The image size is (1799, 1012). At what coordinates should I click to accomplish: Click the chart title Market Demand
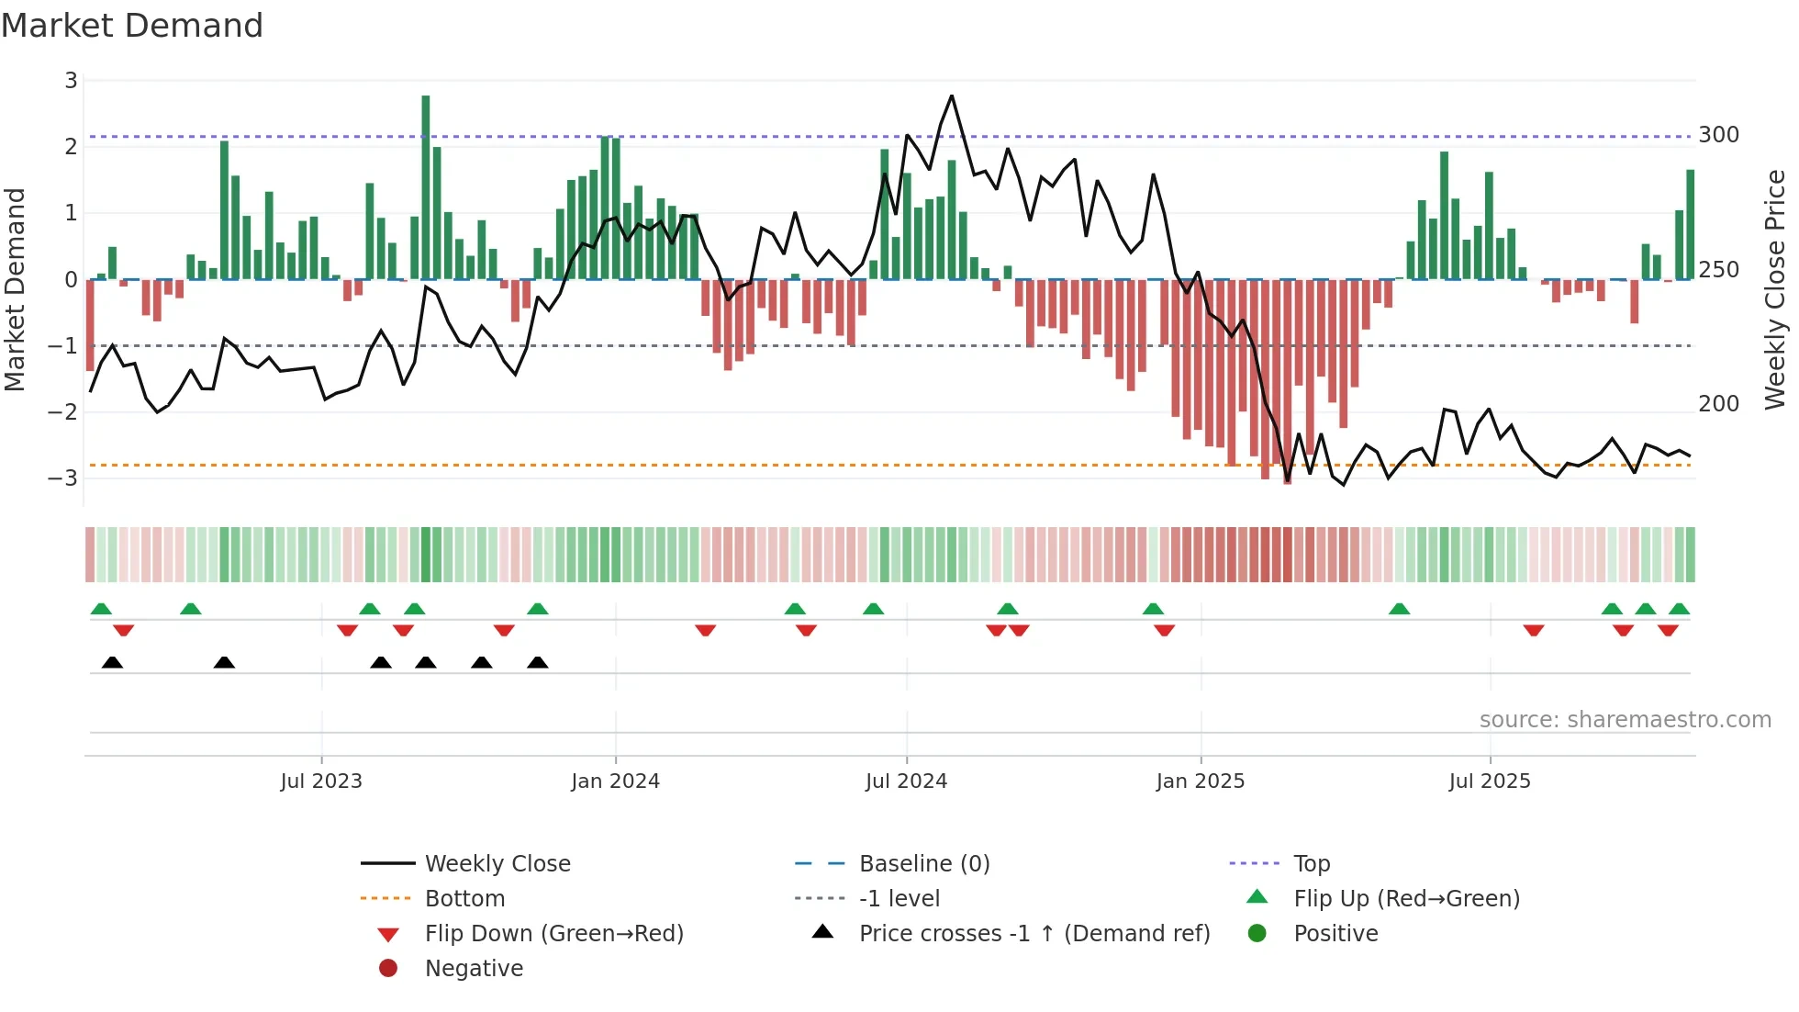point(132,26)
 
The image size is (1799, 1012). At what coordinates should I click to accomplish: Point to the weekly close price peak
point(952,96)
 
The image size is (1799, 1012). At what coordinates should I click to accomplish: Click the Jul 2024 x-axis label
point(906,781)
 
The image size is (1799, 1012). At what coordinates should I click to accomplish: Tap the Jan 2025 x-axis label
point(1200,781)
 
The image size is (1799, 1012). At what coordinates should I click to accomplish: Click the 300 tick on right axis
point(1718,135)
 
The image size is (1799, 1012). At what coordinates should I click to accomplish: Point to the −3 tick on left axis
point(63,478)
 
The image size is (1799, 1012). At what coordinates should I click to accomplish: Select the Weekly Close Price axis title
point(1775,289)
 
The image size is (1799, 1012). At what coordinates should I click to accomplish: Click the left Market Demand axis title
point(16,289)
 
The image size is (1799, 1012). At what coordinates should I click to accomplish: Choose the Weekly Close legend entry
point(497,864)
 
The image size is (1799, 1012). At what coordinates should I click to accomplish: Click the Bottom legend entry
point(464,899)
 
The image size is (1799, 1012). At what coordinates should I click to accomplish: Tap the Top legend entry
point(1311,864)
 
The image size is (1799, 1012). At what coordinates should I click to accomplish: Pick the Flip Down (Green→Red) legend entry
point(553,934)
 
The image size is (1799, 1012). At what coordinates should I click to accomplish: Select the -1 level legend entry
point(899,899)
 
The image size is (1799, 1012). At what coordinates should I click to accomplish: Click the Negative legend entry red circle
point(388,969)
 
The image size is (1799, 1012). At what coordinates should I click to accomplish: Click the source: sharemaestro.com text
point(1625,720)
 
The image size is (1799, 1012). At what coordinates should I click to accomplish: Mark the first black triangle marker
point(112,662)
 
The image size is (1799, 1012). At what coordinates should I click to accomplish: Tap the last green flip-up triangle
point(1679,609)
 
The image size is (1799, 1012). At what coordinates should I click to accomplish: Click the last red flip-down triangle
point(1668,630)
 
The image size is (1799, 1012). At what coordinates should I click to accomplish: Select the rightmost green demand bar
point(1690,225)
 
